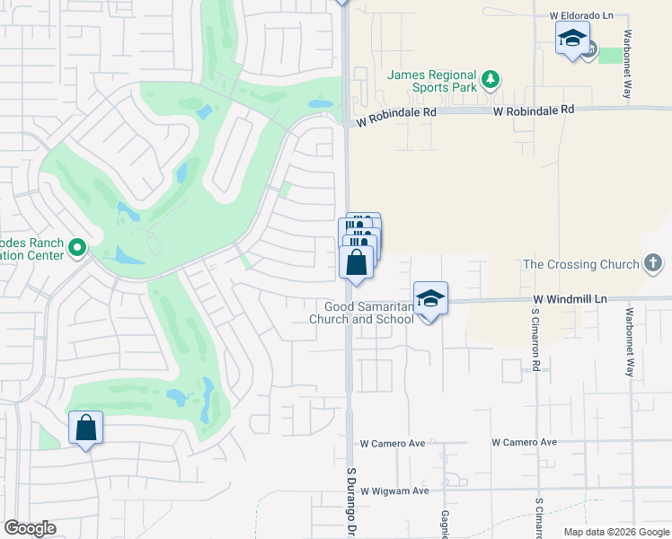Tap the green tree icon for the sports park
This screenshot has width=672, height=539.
[x=490, y=80]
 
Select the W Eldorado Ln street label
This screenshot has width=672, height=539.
[x=585, y=16]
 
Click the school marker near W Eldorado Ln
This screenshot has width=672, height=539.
[x=572, y=39]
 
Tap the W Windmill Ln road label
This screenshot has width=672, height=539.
[x=570, y=298]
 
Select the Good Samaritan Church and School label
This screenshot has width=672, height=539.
[x=363, y=313]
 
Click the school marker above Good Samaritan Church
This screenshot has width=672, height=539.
[x=430, y=299]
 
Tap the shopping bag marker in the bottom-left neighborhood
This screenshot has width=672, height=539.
[x=86, y=429]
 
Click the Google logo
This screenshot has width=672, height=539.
[x=30, y=528]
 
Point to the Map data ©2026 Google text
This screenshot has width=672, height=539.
[x=615, y=532]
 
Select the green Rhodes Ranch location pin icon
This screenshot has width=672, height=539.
[x=77, y=246]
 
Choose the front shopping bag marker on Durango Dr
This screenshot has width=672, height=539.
[x=357, y=264]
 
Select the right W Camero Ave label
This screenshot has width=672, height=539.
[x=525, y=442]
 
